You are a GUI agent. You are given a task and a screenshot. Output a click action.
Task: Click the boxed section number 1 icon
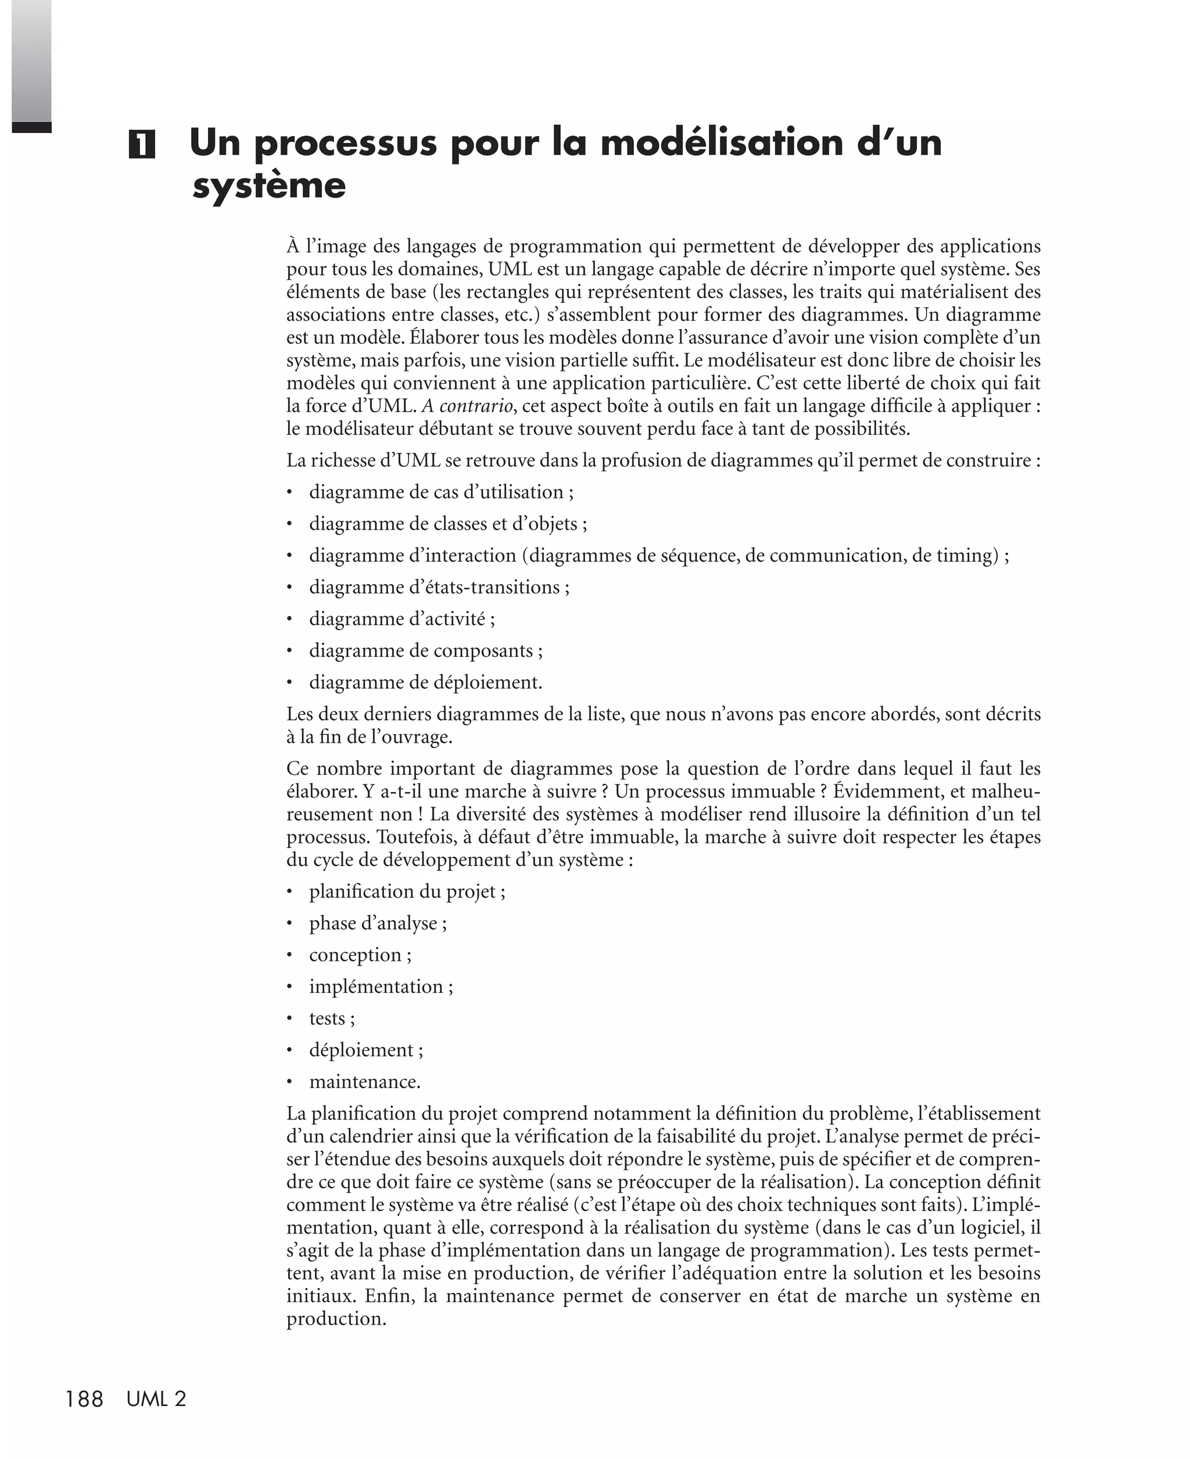coord(141,145)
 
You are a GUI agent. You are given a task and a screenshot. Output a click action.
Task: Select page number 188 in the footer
coord(84,1399)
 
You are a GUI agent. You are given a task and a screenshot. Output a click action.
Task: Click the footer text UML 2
coord(156,1399)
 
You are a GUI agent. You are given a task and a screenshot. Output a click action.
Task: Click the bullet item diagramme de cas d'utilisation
coord(441,492)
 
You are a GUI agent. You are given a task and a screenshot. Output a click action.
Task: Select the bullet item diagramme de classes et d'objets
coord(447,524)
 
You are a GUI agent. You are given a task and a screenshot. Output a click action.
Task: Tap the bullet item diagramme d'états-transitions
coord(439,587)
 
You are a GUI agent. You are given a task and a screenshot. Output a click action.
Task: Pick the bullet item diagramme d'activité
coord(402,618)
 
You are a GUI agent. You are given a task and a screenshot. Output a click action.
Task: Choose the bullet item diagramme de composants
coord(425,650)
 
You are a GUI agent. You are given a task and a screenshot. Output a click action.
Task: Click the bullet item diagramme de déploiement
coord(425,682)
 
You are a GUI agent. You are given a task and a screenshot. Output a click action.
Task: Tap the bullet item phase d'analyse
coord(377,923)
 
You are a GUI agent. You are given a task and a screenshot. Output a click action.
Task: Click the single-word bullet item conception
coord(360,954)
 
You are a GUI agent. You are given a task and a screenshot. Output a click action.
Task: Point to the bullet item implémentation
coord(381,986)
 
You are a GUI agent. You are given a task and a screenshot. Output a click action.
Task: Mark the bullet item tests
coord(332,1018)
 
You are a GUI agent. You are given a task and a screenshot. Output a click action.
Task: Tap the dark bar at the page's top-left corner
coord(31,127)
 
